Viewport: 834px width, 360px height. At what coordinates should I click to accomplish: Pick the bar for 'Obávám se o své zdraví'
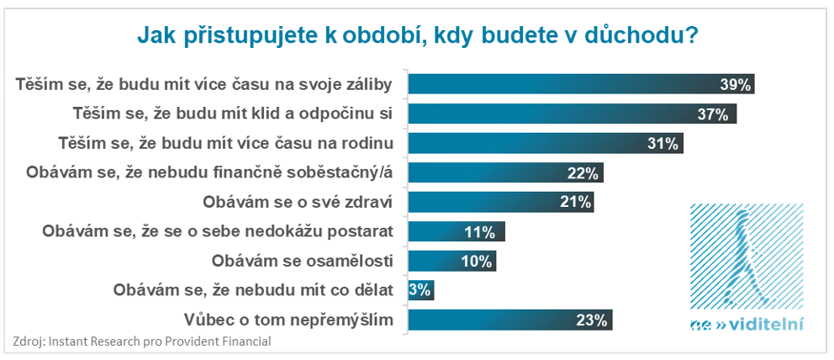pos(500,202)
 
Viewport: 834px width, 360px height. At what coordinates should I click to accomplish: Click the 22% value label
pos(583,173)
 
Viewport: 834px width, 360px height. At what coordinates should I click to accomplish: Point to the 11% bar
pos(457,232)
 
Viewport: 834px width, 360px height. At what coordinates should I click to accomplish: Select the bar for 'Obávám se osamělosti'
pos(451,261)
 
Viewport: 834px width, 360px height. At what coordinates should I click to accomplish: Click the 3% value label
pos(420,290)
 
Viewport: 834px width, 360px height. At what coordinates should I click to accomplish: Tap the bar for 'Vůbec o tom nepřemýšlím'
pos(509,320)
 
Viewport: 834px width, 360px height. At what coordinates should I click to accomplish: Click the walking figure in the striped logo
pos(745,252)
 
